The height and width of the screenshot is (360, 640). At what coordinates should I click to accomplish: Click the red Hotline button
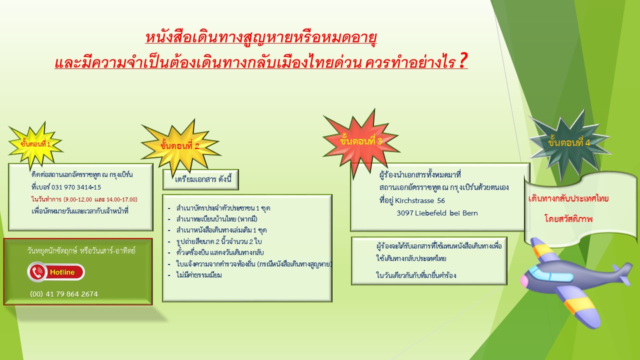(56, 272)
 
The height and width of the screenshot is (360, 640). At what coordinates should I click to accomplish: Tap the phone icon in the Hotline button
(37, 272)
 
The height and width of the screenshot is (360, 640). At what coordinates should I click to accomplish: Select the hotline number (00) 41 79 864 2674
(64, 294)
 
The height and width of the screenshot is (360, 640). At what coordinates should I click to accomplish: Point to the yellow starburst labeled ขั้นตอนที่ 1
(35, 144)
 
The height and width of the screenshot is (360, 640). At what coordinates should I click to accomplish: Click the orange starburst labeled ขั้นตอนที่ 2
(180, 146)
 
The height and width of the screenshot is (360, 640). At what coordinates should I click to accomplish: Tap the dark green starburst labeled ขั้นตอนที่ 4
(569, 143)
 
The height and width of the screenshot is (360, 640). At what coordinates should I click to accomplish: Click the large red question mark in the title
(463, 61)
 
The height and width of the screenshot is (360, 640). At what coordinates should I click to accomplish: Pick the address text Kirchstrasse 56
(419, 200)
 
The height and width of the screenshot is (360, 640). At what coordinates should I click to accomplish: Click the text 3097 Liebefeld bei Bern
(437, 213)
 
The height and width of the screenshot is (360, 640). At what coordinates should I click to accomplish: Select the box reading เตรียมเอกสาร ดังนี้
(200, 179)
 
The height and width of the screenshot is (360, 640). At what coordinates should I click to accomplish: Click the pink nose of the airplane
(524, 281)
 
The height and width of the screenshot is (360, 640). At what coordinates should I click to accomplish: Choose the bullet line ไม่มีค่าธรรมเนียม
(199, 275)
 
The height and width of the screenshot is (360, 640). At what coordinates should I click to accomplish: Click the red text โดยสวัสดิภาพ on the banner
(568, 219)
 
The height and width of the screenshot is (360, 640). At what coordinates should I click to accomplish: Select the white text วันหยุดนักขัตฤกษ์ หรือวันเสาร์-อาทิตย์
(81, 251)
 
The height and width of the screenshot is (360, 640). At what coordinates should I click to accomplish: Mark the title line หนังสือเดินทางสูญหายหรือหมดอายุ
(261, 37)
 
